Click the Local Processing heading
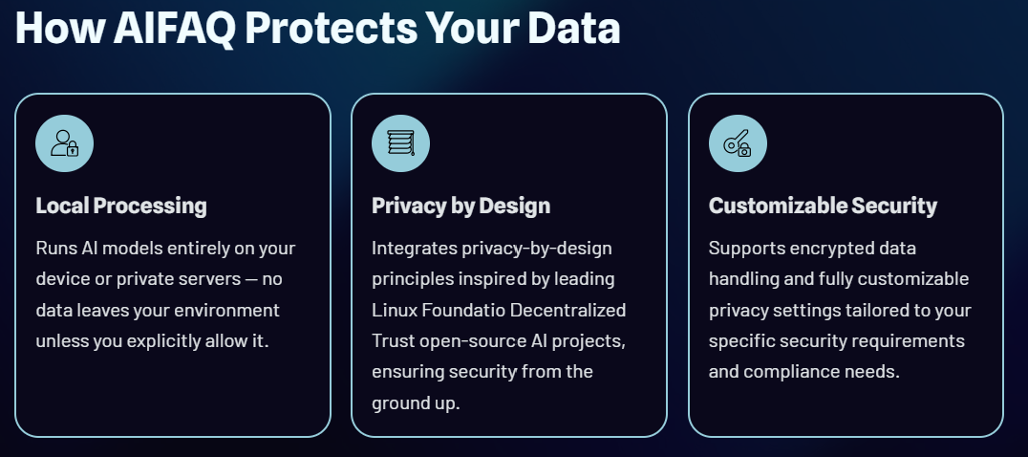pos(121,206)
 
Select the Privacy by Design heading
pos(460,206)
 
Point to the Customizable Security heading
pos(823,206)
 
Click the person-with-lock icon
pos(64,143)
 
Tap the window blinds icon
pos(400,143)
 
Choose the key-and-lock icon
pos(738,143)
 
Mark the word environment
pos(226,310)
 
